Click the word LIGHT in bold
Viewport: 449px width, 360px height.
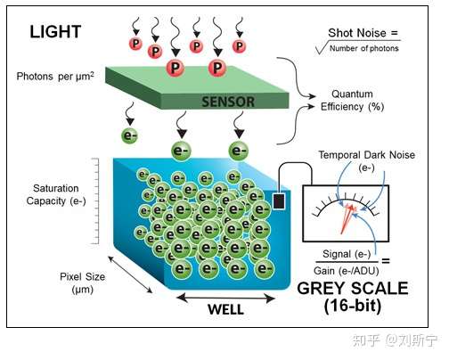55,32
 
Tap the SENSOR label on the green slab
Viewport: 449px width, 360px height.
228,102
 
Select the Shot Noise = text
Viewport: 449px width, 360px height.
363,33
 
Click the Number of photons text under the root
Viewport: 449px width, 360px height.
364,48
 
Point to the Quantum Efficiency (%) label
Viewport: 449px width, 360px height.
352,101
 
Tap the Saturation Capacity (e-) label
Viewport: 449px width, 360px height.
56,194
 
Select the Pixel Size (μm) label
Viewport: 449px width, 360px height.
83,282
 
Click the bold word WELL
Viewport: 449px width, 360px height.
226,309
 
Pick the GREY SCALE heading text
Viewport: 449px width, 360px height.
353,289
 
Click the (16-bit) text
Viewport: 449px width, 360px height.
353,306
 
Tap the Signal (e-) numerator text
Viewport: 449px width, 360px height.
347,254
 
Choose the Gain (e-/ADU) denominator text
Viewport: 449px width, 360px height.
347,271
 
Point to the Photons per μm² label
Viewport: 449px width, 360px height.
55,77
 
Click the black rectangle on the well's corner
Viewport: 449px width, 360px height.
279,201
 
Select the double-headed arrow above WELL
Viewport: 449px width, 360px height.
226,298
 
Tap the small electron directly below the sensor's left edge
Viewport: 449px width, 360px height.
130,135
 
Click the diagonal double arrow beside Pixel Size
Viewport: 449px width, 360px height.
130,274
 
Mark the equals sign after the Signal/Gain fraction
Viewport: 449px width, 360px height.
386,261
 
